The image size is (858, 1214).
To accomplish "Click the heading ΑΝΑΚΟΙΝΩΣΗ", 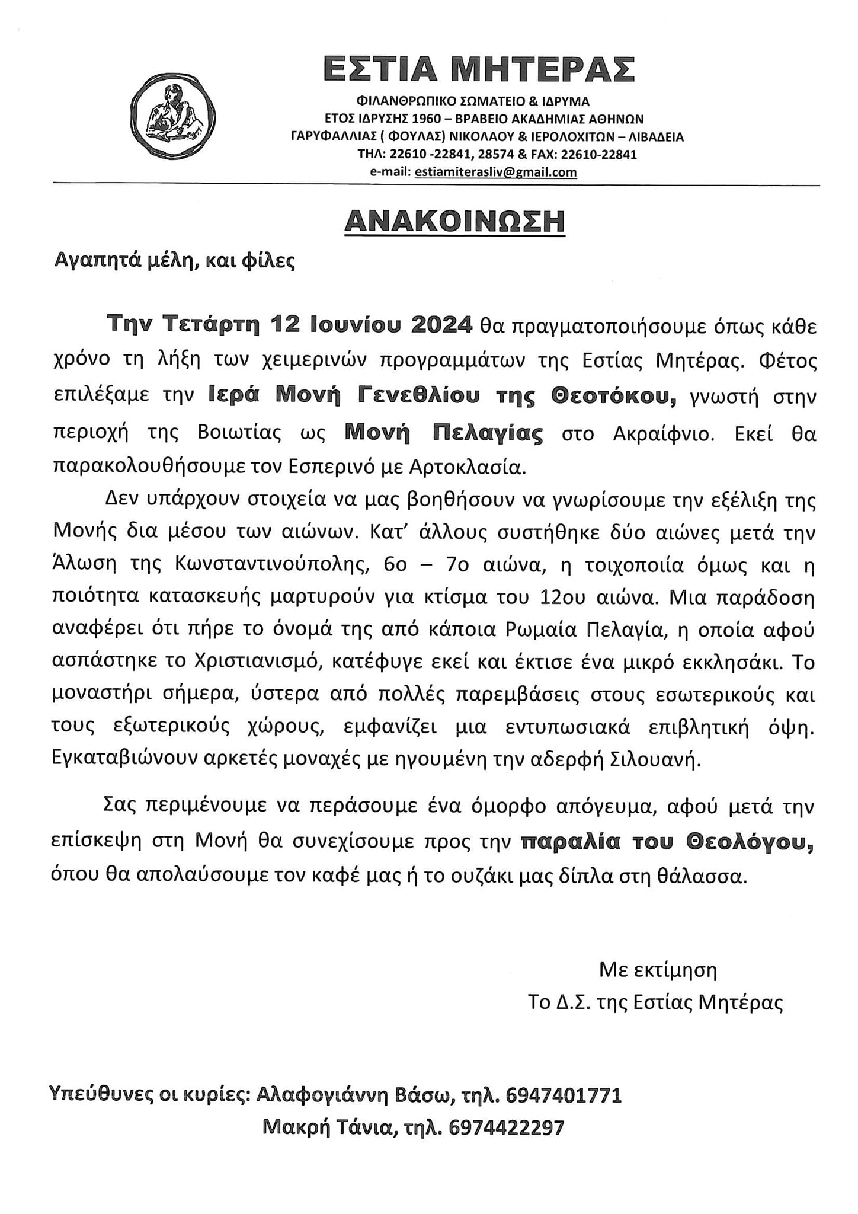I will (454, 221).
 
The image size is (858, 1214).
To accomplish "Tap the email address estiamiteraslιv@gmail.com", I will (495, 172).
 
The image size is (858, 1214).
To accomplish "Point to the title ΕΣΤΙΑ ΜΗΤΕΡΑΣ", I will (479, 69).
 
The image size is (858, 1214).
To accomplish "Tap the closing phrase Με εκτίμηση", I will (658, 970).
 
